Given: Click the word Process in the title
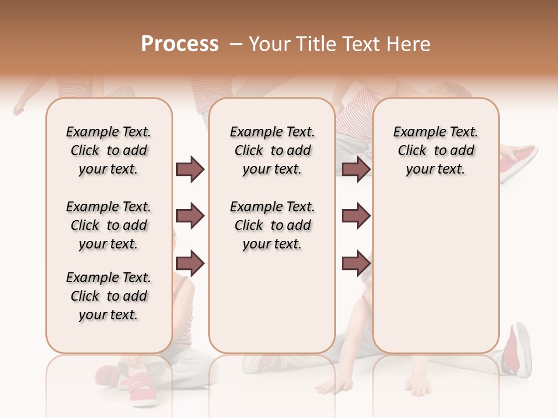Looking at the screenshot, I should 180,44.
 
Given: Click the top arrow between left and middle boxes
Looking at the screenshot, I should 190,170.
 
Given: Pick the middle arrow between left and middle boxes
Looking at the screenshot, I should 190,216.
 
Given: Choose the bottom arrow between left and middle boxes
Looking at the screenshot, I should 190,264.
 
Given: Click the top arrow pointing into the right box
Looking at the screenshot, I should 356,170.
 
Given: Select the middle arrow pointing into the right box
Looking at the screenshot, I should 356,216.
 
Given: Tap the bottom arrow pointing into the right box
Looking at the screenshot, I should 356,264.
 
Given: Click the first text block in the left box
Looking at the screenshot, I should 109,150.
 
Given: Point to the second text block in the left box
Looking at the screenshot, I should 109,225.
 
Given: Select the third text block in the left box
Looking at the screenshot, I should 109,296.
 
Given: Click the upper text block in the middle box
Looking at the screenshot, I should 273,150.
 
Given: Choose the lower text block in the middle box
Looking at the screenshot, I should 273,225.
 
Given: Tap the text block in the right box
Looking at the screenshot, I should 436,150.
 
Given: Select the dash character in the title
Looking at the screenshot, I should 235,44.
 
